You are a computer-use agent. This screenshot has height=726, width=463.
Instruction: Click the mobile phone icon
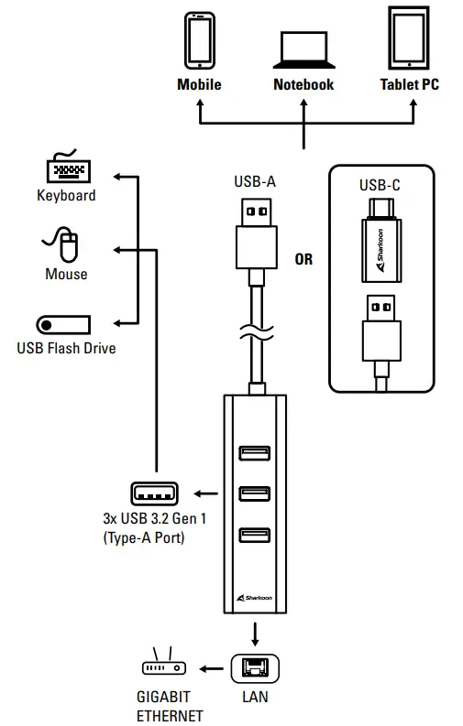200,40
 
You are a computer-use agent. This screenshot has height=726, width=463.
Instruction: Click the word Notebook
303,84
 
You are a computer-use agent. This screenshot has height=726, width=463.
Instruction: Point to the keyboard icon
66,169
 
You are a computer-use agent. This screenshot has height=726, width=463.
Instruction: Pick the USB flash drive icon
63,324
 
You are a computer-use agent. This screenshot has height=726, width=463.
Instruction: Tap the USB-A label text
254,181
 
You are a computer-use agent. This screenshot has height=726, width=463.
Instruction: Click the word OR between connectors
303,259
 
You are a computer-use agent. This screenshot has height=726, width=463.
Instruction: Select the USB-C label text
379,185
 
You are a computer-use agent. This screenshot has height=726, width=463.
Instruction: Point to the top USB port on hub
254,452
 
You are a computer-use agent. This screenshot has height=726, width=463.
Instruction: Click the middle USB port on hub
254,494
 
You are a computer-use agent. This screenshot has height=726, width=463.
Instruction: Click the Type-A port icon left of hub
155,494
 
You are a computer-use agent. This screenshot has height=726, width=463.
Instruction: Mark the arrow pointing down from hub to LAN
254,634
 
